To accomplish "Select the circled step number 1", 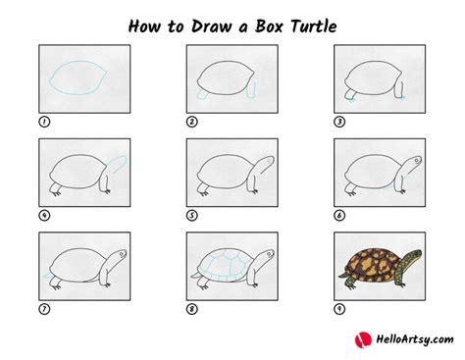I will (44, 122).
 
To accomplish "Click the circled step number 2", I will (192, 122).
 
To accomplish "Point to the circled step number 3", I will (340, 122).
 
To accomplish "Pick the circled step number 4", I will (44, 215).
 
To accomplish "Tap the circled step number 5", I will (192, 215).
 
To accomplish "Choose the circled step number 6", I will (340, 215).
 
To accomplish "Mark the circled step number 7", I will (44, 309).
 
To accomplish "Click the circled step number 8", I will (192, 309).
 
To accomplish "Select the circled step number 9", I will (340, 309).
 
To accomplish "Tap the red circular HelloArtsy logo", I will (360, 339).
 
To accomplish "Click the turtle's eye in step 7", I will (118, 253).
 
